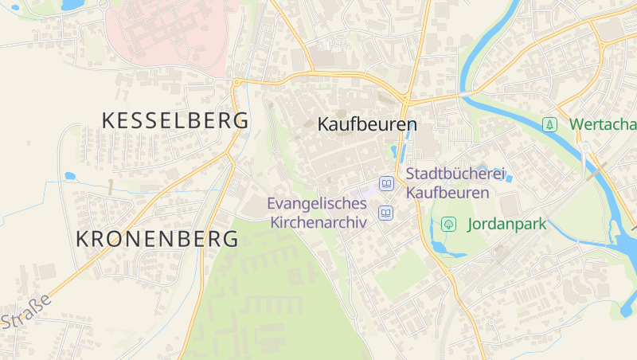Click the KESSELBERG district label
175,120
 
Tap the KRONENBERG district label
158,238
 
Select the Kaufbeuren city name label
367,125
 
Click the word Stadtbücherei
455,173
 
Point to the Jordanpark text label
507,224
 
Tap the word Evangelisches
317,203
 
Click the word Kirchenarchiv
318,222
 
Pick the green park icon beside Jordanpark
448,224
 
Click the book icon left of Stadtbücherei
386,183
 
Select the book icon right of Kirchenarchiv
386,212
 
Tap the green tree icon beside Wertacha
549,124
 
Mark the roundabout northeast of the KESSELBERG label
236,80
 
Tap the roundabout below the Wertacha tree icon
585,147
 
